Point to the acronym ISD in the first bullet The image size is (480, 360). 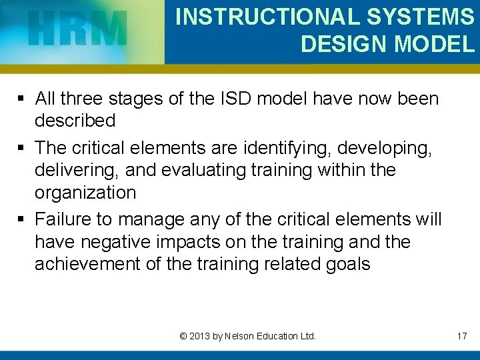point(235,99)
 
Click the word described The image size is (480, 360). point(75,121)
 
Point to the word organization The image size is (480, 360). point(85,193)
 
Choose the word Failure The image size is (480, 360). point(65,219)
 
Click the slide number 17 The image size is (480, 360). point(461,336)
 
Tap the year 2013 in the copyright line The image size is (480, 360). point(199,336)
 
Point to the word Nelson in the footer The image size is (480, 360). point(241,336)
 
